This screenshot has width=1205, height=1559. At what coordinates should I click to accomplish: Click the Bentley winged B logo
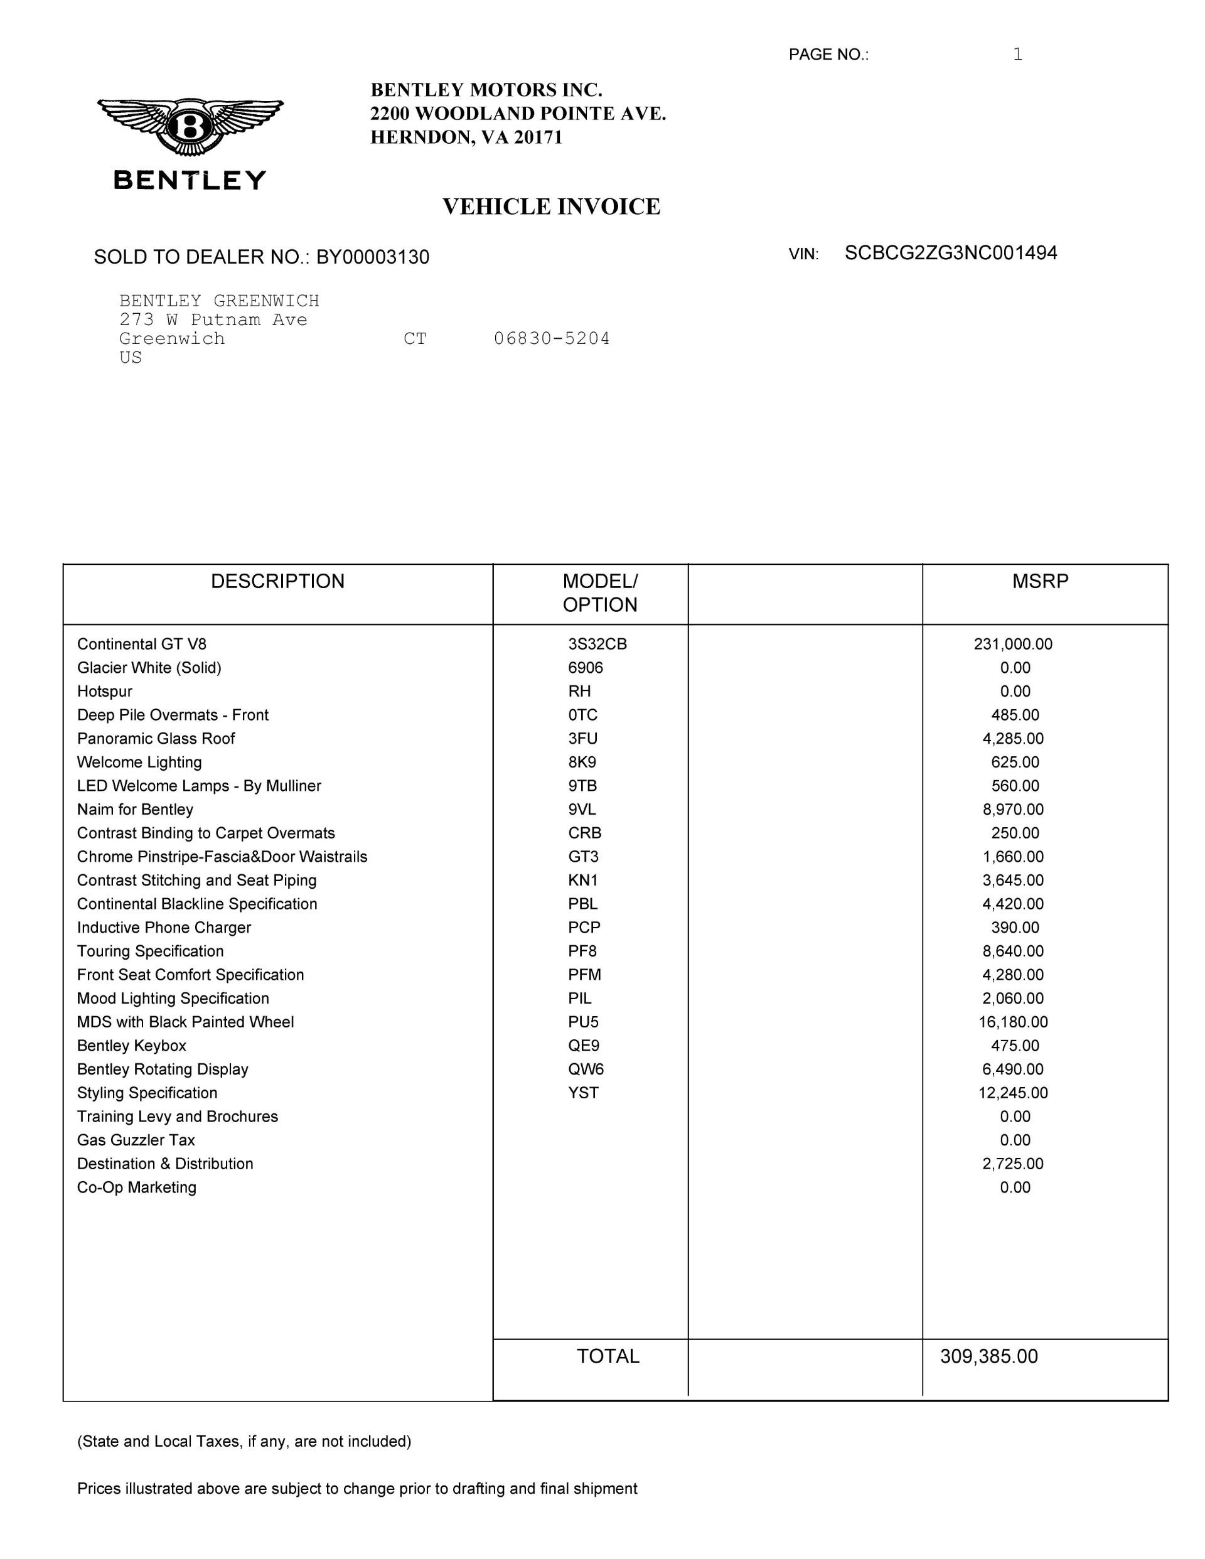(190, 127)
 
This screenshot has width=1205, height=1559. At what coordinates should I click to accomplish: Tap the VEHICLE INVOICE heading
(551, 207)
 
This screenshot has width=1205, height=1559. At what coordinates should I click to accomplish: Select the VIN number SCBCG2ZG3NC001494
(950, 254)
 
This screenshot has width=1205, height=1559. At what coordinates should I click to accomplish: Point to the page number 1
(1017, 54)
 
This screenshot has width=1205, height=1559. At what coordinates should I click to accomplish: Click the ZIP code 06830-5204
(552, 338)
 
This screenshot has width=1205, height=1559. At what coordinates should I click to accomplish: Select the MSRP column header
(1040, 581)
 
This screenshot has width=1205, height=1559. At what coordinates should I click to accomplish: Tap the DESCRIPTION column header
(277, 581)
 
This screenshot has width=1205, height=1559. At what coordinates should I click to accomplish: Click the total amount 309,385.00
(988, 1356)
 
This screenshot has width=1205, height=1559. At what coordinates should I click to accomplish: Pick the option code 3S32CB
(597, 644)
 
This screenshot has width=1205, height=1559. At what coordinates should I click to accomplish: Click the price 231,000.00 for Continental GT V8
(1013, 644)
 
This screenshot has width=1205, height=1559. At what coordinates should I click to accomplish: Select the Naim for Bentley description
(135, 810)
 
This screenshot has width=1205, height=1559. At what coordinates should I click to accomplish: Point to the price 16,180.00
(1013, 1022)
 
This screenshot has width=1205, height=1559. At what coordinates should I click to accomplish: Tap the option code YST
(583, 1093)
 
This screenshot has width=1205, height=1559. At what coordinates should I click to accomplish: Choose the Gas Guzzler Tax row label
(136, 1140)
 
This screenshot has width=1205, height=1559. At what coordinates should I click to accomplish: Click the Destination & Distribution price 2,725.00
(1013, 1164)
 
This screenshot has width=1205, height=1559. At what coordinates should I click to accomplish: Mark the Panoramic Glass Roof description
(156, 739)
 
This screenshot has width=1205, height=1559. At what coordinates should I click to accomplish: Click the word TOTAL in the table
(608, 1356)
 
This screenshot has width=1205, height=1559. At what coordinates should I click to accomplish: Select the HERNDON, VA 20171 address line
(466, 137)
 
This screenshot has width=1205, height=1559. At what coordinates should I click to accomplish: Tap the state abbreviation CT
(415, 338)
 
